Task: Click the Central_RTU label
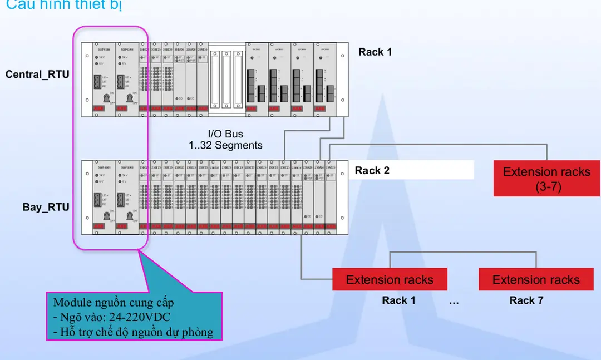(37, 75)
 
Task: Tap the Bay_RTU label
(46, 208)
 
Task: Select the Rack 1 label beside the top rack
(375, 52)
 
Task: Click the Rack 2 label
(372, 171)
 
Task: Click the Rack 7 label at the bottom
(526, 300)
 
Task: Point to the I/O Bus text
(225, 134)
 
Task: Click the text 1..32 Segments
(225, 145)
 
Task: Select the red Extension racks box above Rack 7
(535, 279)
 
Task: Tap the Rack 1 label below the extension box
(398, 300)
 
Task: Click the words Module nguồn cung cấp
(113, 303)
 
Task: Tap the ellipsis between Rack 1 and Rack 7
(454, 301)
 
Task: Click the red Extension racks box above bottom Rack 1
(390, 279)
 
